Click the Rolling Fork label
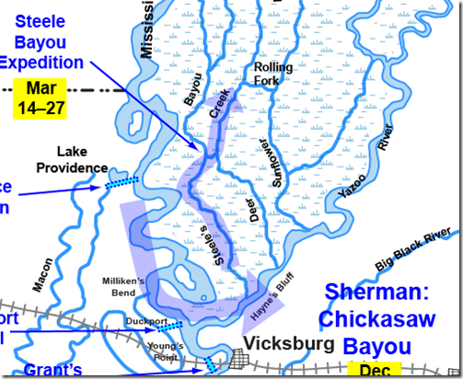[x=273, y=75]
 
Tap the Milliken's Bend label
[x=131, y=285]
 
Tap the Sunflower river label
[x=268, y=164]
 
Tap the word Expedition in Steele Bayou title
[x=42, y=62]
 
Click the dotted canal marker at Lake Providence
[x=120, y=183]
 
